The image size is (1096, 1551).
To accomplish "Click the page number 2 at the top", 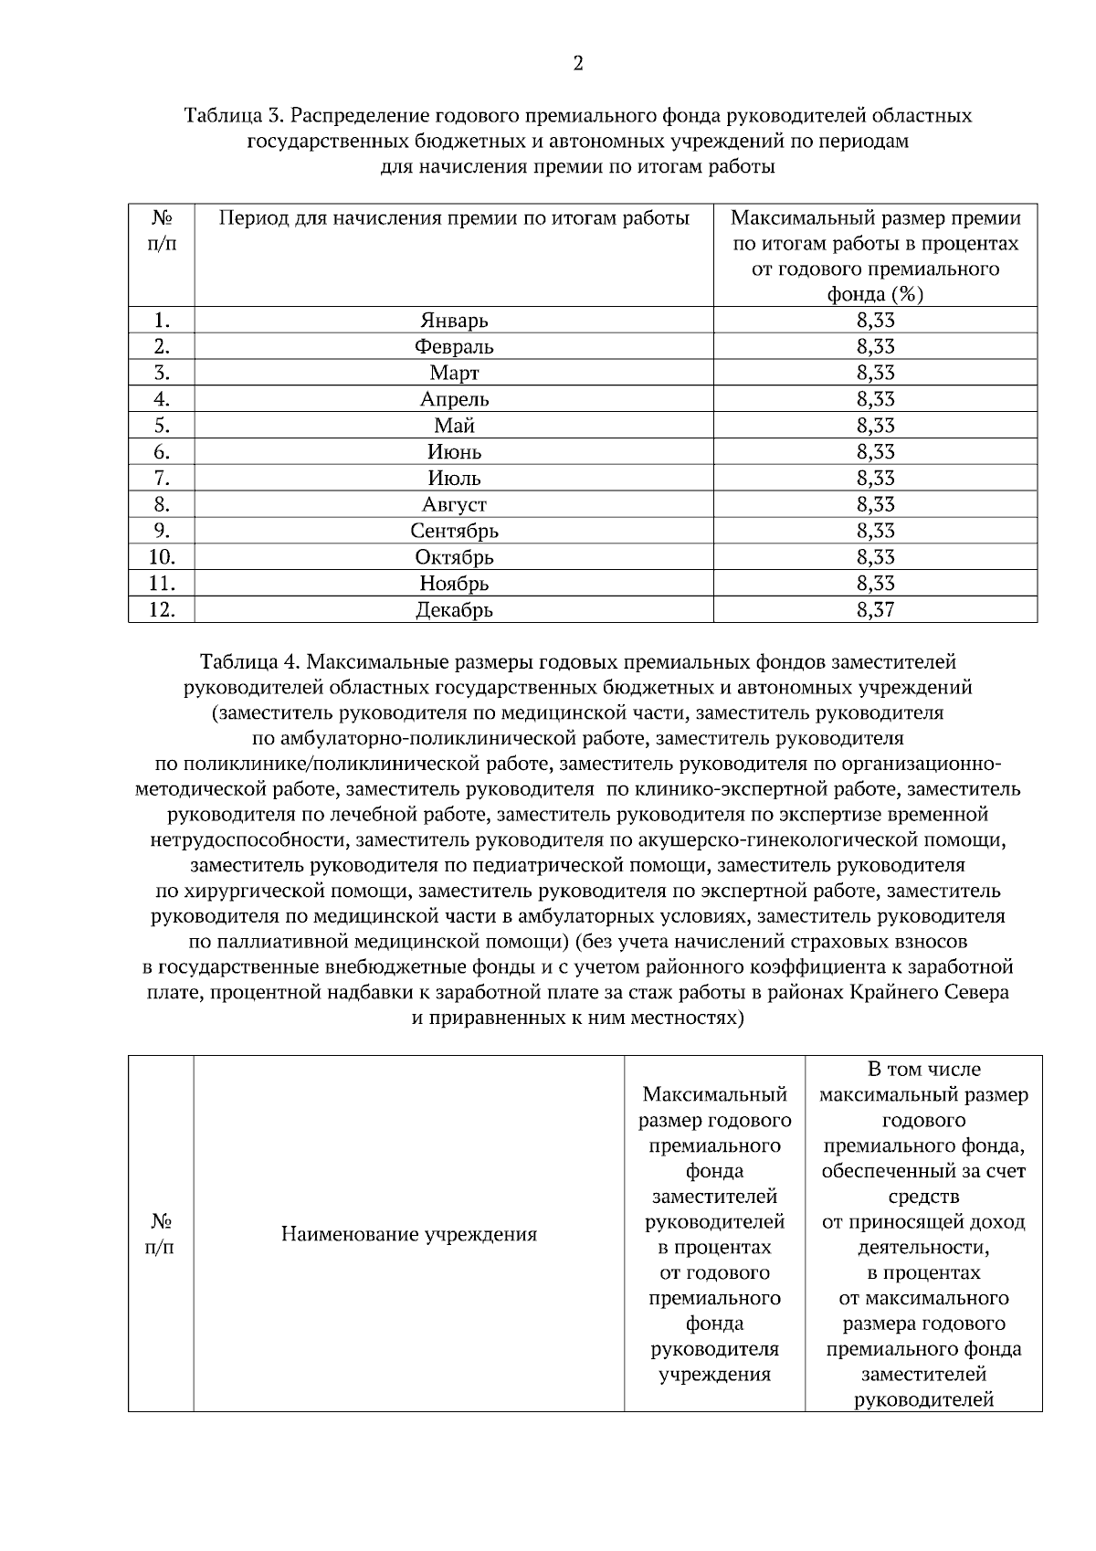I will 577,63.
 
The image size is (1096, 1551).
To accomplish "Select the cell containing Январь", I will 454,321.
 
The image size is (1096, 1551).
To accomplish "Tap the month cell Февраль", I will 454,347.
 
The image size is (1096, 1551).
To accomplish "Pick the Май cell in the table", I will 454,426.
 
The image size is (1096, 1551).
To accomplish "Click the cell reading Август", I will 454,504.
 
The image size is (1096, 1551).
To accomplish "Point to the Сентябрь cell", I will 454,531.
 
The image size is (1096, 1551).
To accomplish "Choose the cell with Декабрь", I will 454,610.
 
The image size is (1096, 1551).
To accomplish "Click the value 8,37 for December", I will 875,610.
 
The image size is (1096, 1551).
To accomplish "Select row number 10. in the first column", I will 162,557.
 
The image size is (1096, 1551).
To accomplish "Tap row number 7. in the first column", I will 162,478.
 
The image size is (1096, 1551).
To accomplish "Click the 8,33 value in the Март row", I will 875,373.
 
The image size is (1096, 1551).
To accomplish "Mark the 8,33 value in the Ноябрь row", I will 875,584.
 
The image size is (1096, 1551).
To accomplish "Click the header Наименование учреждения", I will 408,1235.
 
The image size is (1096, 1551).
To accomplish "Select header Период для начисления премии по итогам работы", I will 454,219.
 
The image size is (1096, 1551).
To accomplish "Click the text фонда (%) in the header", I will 875,294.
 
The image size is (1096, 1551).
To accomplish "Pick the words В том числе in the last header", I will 923,1070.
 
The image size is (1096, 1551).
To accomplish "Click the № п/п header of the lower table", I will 161,1234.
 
